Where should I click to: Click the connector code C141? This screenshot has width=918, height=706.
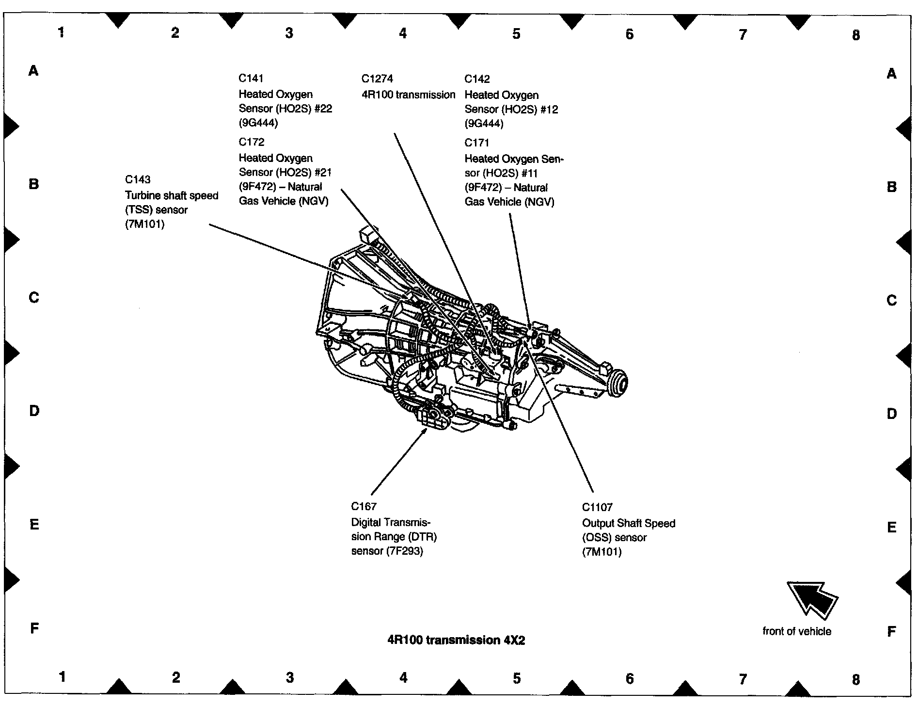pos(251,78)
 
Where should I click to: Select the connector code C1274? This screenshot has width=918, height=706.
pos(377,79)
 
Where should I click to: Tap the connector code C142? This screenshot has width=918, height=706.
pos(477,79)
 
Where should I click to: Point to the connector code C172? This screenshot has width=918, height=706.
pos(252,142)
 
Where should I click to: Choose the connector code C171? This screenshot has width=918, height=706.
pos(477,143)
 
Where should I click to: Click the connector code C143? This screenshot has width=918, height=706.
pos(138,179)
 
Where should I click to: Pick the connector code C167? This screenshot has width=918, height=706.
pos(364,506)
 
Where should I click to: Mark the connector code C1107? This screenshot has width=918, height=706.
pos(597,507)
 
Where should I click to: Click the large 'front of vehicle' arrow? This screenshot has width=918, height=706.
pos(812,599)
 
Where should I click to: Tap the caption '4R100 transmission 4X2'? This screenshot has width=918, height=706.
pos(456,640)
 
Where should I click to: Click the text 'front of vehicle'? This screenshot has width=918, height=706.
pos(796,631)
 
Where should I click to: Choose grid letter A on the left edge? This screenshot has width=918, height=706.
pos(33,71)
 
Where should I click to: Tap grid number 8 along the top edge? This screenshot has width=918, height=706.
pos(855,35)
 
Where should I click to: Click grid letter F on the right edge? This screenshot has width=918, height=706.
pos(891,631)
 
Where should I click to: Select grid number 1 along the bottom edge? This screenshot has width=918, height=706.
pos(62,677)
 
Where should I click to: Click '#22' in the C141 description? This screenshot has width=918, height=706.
pos(320,108)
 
